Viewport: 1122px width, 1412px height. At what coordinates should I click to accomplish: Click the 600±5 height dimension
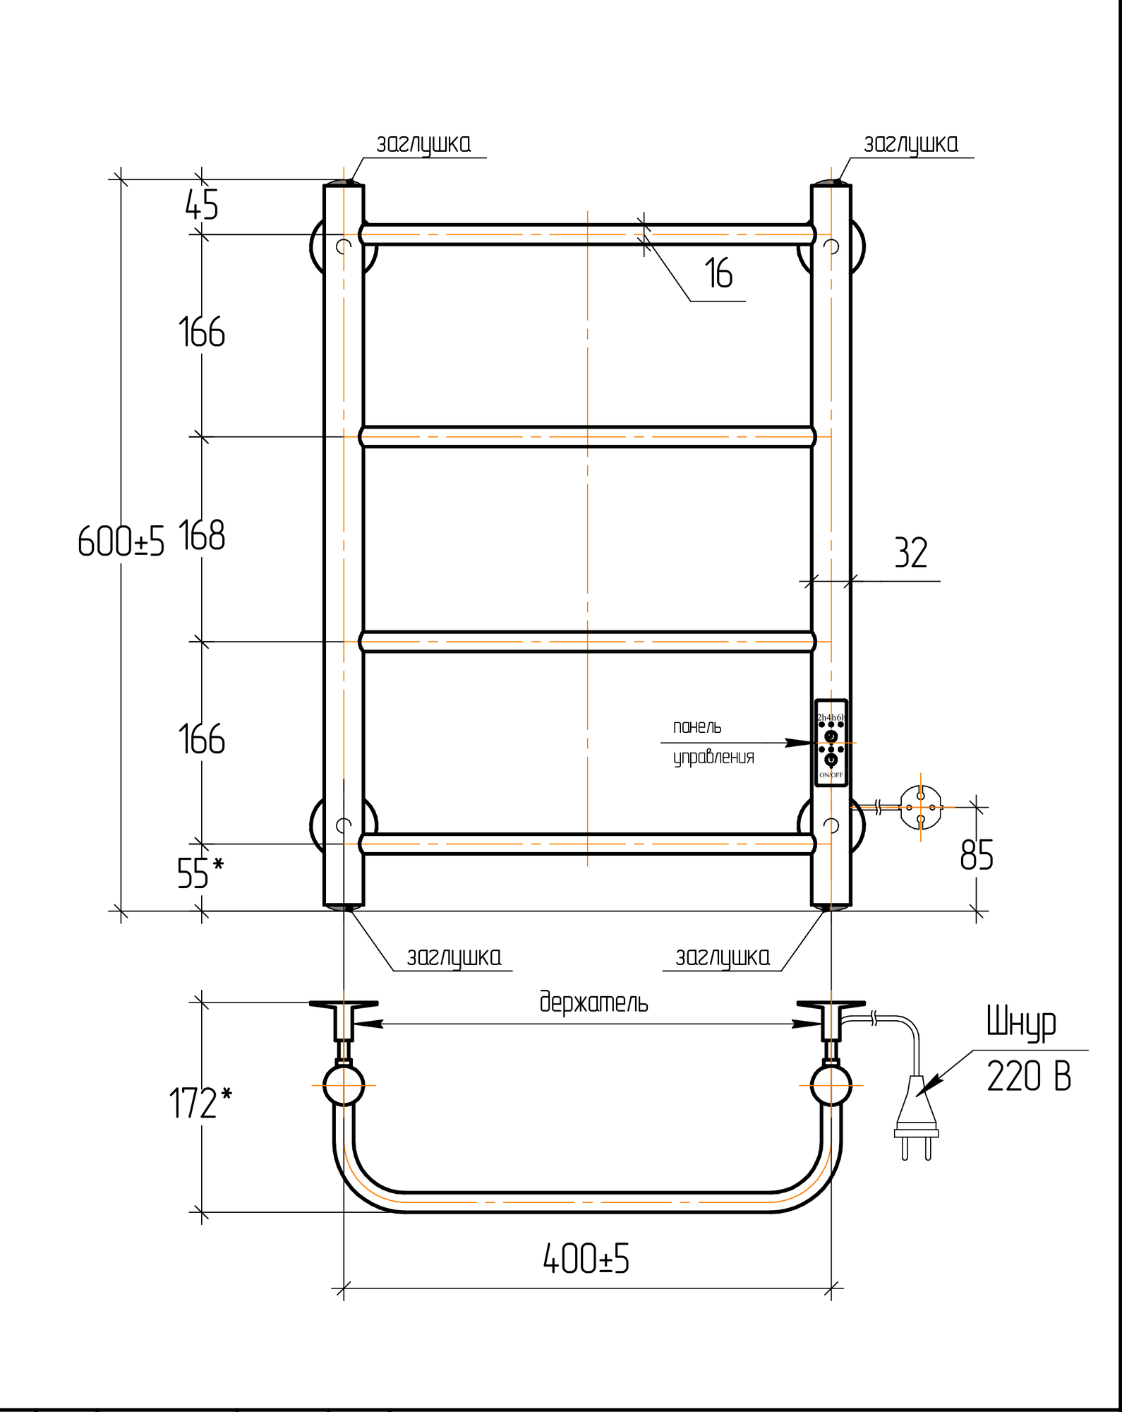point(121,542)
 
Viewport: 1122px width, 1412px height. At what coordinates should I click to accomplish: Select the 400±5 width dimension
point(586,1260)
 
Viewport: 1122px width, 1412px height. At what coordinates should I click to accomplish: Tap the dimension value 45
point(202,205)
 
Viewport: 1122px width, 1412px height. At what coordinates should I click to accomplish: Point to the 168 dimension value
point(202,536)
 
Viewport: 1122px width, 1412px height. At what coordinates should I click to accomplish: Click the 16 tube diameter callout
point(718,274)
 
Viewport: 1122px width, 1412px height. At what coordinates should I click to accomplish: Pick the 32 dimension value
point(910,554)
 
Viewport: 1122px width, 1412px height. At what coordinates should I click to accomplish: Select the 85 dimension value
point(977,856)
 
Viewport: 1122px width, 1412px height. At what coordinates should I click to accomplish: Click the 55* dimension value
point(200,873)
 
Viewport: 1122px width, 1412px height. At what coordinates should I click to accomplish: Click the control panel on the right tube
point(831,743)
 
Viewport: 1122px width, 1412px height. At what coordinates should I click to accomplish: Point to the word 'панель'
point(697,727)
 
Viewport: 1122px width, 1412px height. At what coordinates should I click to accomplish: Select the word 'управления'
point(713,758)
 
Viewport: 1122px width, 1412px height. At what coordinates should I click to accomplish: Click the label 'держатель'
point(593,1003)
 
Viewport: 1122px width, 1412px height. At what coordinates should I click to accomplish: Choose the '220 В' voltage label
point(1028,1077)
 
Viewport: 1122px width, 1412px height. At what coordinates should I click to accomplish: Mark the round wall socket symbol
point(920,807)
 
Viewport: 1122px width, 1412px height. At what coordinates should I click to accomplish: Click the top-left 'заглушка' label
point(423,145)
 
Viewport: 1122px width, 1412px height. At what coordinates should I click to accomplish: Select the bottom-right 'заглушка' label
point(723,958)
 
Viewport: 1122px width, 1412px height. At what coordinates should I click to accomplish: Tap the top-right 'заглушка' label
point(911,145)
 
